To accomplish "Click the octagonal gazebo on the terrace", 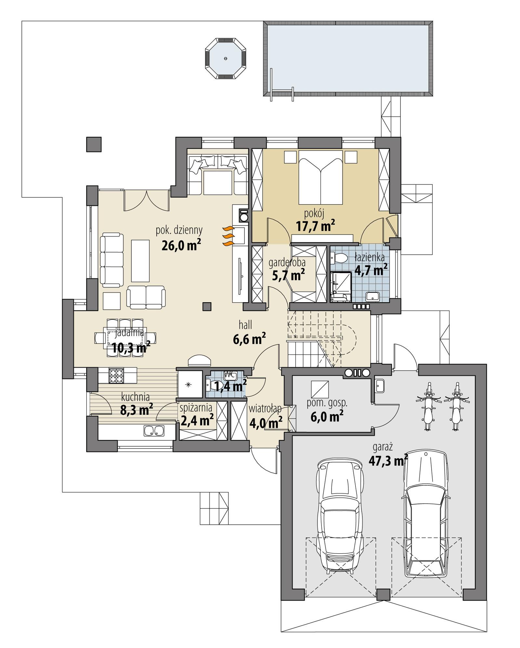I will tap(225, 59).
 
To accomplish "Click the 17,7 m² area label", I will tap(315, 226).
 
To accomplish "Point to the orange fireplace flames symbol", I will tap(228, 236).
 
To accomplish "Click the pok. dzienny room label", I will tap(179, 230).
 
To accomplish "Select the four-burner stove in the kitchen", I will tap(116, 376).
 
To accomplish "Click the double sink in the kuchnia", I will tap(154, 431).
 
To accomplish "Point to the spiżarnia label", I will tap(196, 408).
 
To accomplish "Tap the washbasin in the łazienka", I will tap(372, 296).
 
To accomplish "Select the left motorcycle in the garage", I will tap(428, 406).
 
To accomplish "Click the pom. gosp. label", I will tap(327, 403).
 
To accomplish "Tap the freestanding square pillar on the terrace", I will tap(94, 144).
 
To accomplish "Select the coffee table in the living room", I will tap(140, 261).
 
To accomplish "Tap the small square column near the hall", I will tap(207, 306).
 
